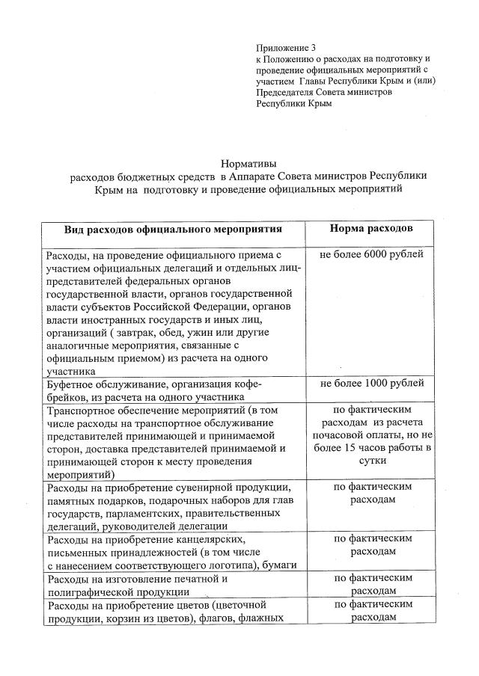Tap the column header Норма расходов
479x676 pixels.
(371, 227)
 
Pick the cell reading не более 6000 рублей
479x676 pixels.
(371, 255)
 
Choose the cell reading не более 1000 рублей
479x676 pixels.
(371, 384)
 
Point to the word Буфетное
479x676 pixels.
(73, 384)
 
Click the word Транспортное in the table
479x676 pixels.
(83, 411)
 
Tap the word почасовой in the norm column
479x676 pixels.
(338, 434)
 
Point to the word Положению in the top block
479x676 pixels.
(290, 58)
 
